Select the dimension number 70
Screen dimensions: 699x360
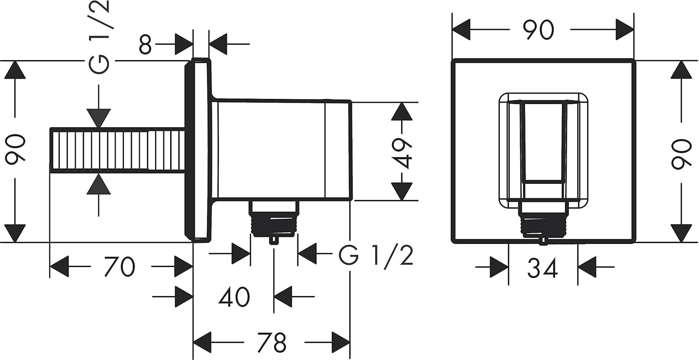tap(119, 266)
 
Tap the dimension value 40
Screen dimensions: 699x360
tap(234, 297)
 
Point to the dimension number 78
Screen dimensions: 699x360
tap(272, 343)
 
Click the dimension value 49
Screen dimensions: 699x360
tap(402, 153)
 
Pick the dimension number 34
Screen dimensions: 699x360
tap(542, 268)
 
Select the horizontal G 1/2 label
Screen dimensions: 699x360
tap(376, 256)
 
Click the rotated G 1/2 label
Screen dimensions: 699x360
tap(99, 37)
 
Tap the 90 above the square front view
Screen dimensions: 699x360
tap(539, 30)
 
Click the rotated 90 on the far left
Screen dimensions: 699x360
tap(15, 149)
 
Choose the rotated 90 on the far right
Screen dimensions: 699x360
tap(681, 154)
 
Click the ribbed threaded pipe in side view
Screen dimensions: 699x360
tap(117, 150)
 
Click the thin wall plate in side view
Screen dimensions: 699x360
tap(198, 150)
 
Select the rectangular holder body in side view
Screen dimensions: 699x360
tap(281, 150)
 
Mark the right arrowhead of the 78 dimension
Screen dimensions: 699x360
tap(341, 343)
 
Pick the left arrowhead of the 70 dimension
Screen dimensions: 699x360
tap(59, 266)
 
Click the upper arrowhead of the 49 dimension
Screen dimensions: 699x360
tap(402, 111)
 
